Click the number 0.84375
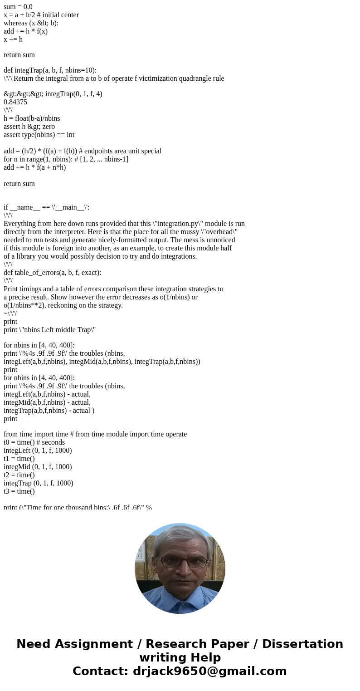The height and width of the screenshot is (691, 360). pos(15,102)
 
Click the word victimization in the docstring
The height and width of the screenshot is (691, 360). pos(151,78)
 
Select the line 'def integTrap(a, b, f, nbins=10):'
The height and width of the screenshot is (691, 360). pos(50,70)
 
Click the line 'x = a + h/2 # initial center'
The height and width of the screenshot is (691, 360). pos(41,15)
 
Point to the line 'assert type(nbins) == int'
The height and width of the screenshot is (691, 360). pos(39,135)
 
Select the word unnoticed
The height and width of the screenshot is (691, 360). pos(219,240)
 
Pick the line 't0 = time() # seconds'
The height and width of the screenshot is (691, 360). pos(34,442)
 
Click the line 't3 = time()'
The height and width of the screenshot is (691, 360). pos(19,491)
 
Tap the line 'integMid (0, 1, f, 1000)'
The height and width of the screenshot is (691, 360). pos(38,467)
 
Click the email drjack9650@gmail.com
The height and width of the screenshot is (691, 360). pos(209,671)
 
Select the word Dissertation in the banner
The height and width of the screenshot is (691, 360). pos(302,644)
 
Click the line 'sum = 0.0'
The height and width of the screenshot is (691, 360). pos(18,7)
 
